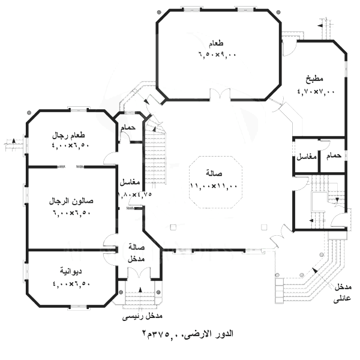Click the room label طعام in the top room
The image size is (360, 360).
pyautogui.click(x=216, y=43)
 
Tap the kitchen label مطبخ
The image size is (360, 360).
pyautogui.click(x=314, y=79)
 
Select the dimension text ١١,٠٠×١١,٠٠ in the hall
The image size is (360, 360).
pyautogui.click(x=214, y=185)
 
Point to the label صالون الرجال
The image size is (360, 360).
pyautogui.click(x=71, y=201)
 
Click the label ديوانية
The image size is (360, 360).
pyautogui.click(x=71, y=271)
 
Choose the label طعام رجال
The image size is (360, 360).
pyautogui.click(x=68, y=135)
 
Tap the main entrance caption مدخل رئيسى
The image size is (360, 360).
pyautogui.click(x=142, y=317)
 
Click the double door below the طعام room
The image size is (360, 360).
pyautogui.click(x=220, y=95)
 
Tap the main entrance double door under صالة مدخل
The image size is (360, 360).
pyautogui.click(x=139, y=273)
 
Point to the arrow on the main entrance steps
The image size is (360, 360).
pyautogui.click(x=140, y=290)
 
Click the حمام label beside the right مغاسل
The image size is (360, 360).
pyautogui.click(x=334, y=155)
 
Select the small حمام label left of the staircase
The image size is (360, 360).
pyautogui.click(x=128, y=128)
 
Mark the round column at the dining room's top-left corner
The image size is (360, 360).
pyautogui.click(x=158, y=12)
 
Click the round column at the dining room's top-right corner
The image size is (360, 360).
pyautogui.click(x=278, y=12)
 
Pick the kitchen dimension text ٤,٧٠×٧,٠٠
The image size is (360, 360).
pyautogui.click(x=316, y=91)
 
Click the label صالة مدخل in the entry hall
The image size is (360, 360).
pyautogui.click(x=136, y=253)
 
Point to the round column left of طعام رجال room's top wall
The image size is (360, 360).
pyautogui.click(x=29, y=113)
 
